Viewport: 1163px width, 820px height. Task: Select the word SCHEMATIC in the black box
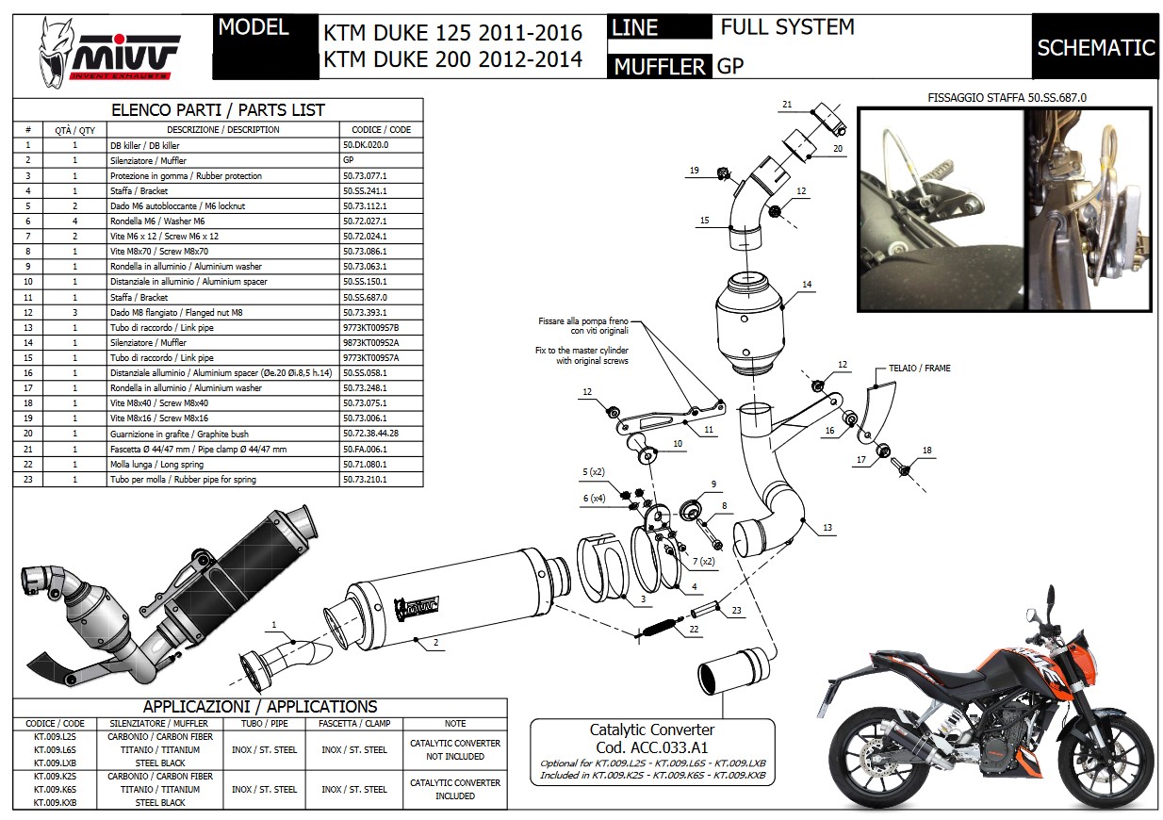(x=1095, y=47)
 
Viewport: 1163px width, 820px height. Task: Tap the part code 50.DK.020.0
(x=366, y=146)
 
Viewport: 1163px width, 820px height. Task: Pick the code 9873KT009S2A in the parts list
(x=371, y=343)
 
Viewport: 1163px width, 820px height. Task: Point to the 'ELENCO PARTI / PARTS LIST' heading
(x=218, y=110)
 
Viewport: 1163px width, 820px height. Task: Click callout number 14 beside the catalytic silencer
(x=807, y=284)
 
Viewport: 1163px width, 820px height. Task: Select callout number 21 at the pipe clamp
(x=787, y=104)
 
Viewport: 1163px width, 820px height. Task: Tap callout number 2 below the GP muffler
(x=436, y=643)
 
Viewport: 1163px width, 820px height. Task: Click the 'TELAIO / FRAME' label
(x=919, y=369)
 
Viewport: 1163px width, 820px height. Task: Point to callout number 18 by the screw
(x=927, y=451)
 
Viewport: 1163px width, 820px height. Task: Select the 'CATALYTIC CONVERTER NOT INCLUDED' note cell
(x=454, y=749)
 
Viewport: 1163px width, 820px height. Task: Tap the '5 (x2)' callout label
(x=593, y=471)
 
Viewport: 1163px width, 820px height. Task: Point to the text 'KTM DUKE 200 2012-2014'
(x=452, y=60)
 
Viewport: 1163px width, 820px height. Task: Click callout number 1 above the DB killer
(x=274, y=624)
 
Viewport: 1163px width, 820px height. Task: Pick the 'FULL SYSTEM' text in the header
(x=787, y=28)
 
